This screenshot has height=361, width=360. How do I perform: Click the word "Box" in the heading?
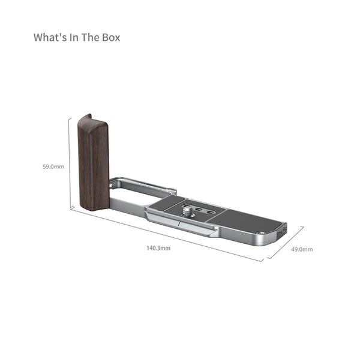pyautogui.click(x=111, y=37)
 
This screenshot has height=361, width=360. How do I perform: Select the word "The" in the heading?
pyautogui.click(x=90, y=37)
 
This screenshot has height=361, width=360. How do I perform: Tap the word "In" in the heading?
pyautogui.click(x=74, y=37)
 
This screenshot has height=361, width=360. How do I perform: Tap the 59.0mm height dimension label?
pyautogui.click(x=53, y=166)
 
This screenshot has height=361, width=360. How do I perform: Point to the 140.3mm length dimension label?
pyautogui.click(x=158, y=248)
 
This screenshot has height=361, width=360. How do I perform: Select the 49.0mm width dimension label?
pyautogui.click(x=302, y=249)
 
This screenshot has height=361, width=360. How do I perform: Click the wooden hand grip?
pyautogui.click(x=93, y=162)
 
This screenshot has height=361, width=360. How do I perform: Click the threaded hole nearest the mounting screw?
pyautogui.click(x=199, y=209)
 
